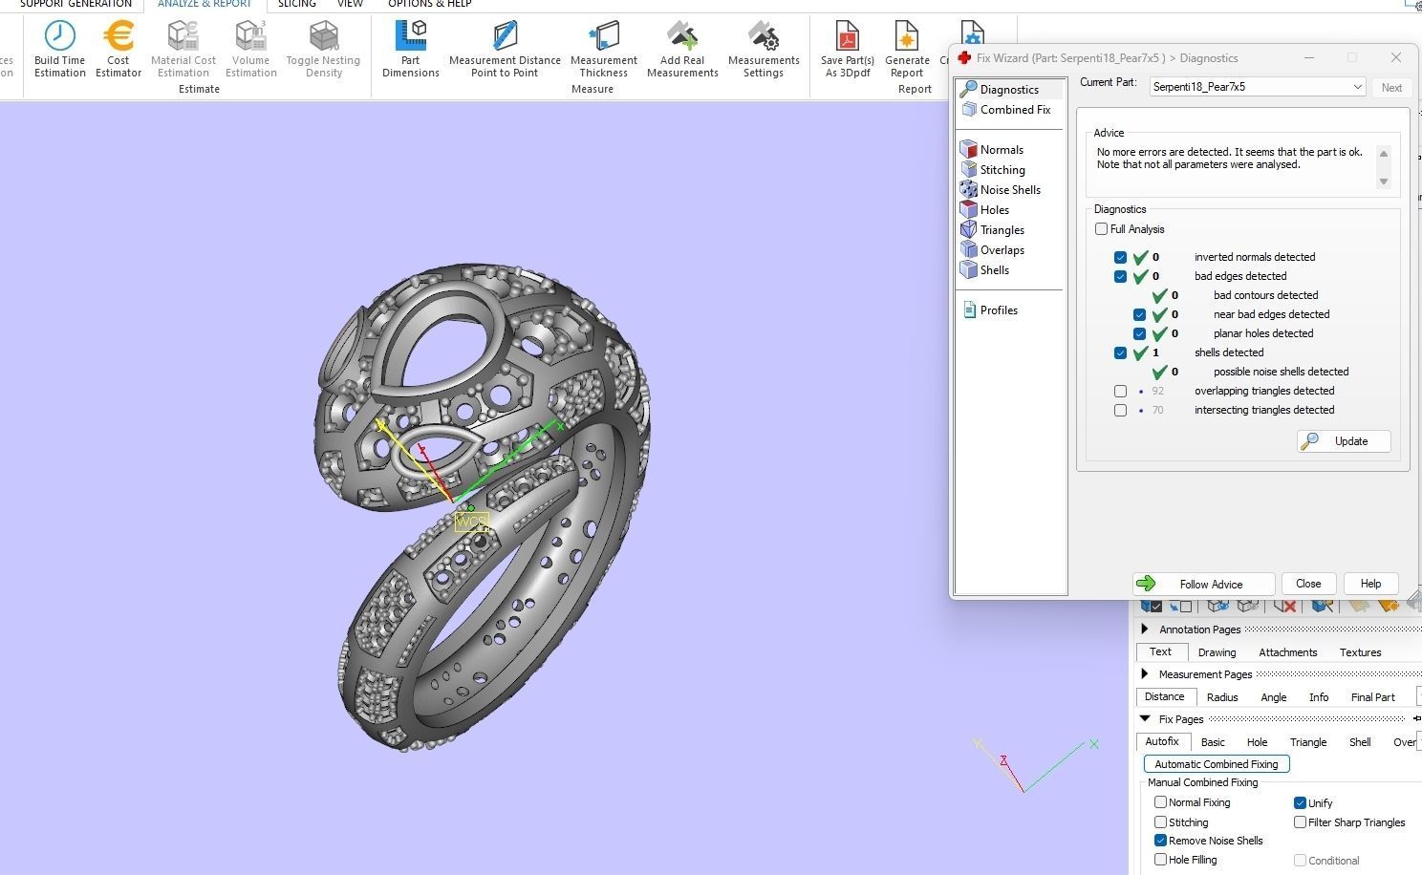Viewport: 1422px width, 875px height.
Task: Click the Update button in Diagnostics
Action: coord(1343,441)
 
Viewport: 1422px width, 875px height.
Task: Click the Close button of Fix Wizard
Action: coord(1307,584)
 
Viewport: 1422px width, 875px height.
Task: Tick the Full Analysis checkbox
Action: coord(1102,229)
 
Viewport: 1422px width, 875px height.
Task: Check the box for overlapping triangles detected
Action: coord(1120,391)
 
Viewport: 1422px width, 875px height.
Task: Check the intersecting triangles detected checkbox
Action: coord(1120,410)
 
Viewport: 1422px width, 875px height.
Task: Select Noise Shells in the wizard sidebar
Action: coord(1009,190)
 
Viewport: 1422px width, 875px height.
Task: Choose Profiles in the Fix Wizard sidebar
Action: coord(998,310)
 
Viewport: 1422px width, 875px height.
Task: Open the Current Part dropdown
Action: coord(1356,87)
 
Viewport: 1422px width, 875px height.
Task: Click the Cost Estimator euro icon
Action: coord(118,36)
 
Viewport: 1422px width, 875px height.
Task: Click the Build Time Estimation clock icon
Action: coord(59,36)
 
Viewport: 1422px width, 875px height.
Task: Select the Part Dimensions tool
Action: coord(410,36)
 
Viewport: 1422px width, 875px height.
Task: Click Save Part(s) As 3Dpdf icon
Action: coord(847,36)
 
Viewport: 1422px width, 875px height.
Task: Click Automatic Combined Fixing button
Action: coord(1216,764)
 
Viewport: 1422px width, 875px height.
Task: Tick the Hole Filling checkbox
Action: coord(1160,860)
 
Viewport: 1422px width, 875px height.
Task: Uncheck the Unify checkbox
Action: coord(1300,803)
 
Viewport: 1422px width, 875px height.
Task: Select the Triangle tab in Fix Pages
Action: coord(1307,742)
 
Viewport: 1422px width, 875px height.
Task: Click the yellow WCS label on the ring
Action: coord(472,523)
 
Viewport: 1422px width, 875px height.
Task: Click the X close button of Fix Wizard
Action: coord(1395,57)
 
